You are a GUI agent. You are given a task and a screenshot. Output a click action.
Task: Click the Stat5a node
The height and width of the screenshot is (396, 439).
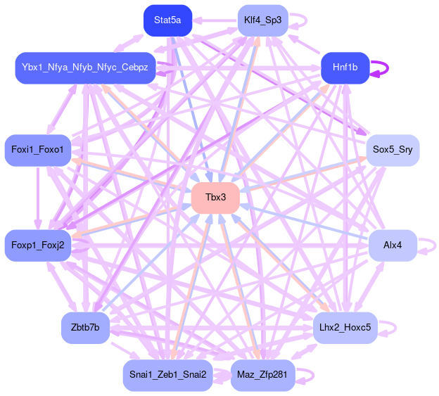coord(167,20)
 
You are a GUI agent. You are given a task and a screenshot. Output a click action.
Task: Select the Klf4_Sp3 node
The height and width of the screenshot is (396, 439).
coord(262,20)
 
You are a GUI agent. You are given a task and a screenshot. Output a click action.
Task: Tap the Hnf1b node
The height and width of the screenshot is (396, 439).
coord(345,68)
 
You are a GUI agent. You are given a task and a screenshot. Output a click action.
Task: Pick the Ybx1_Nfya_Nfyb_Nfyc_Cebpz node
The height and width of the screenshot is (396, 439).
coord(84,68)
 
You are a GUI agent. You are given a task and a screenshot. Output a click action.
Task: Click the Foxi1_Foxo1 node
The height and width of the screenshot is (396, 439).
coord(37,150)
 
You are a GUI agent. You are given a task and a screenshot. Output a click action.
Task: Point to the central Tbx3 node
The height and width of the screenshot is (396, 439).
coord(215,197)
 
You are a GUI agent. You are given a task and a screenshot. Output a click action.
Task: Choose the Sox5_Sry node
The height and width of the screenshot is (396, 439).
coord(393,150)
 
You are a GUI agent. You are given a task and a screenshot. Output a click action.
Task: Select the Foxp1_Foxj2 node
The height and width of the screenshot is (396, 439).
coord(37,245)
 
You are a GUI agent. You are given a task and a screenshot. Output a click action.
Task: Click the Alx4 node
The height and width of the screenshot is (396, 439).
coord(393,245)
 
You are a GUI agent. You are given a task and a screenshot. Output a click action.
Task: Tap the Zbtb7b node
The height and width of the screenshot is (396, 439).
coord(85,328)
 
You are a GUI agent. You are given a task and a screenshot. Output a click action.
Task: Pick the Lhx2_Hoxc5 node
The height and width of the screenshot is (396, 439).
coord(345,328)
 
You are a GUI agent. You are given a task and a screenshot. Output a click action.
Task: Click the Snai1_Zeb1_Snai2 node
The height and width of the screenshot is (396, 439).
coord(167,375)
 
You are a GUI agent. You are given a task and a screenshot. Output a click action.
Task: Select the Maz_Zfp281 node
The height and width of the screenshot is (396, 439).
coord(262,375)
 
